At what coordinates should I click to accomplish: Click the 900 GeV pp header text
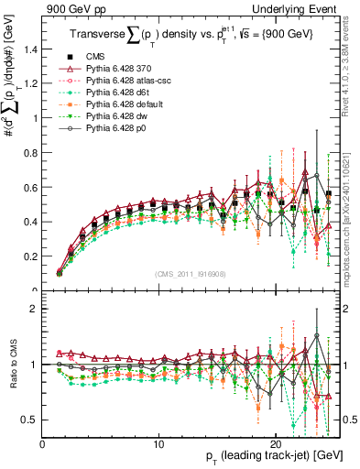(71, 8)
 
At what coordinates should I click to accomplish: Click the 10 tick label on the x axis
(159, 442)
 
